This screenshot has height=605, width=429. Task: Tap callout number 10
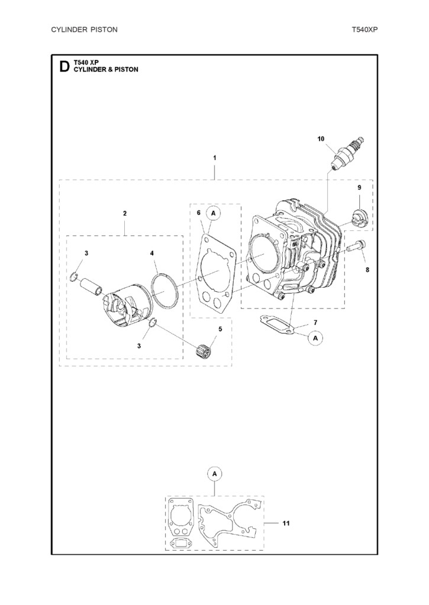click(x=321, y=139)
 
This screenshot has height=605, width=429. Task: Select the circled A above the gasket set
click(x=214, y=474)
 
